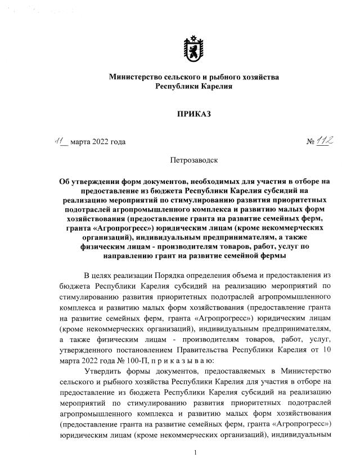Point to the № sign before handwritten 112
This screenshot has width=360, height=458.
tap(310, 142)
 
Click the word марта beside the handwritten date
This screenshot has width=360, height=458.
tap(83, 142)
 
